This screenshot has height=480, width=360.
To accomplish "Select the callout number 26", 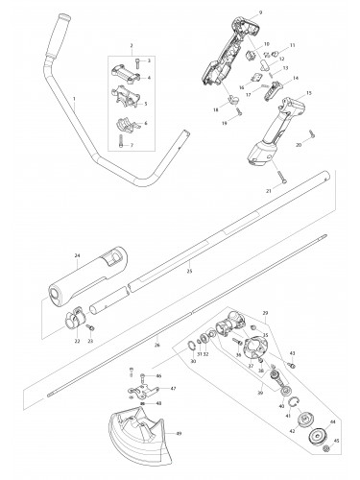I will point(158,344).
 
